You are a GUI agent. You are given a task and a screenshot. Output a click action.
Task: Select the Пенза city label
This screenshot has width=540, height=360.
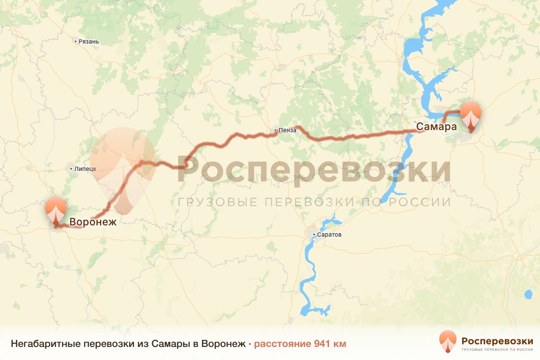(288, 130)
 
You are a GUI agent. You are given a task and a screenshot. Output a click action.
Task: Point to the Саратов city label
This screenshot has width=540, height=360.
(329, 234)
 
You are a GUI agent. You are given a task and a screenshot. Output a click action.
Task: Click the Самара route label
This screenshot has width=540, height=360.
(436, 127)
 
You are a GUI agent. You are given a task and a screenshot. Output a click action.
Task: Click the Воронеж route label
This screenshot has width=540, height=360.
(93, 222)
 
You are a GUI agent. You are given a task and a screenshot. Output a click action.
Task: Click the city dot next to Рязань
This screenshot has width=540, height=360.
(76, 41)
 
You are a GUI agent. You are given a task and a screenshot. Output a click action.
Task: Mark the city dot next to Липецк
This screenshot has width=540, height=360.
(71, 169)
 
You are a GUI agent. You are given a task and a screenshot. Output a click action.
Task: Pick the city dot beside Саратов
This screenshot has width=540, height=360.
(315, 234)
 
